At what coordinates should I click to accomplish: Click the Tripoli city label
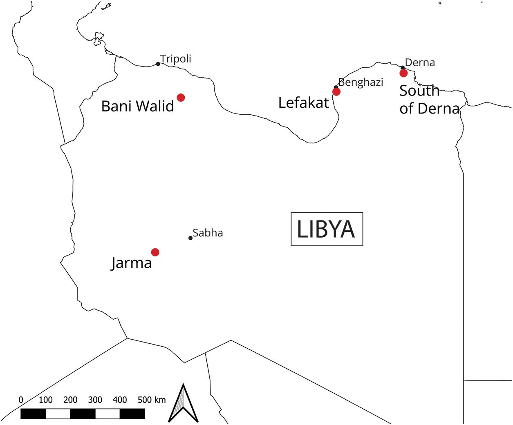click(x=176, y=59)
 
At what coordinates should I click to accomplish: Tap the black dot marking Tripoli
click(x=158, y=64)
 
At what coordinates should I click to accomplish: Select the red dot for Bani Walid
click(x=181, y=98)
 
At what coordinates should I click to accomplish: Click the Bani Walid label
click(x=137, y=107)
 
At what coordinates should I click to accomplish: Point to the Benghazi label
click(x=361, y=82)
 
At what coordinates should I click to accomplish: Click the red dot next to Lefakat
click(x=336, y=92)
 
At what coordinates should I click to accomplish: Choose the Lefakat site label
click(x=303, y=103)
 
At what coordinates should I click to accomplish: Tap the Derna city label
click(x=420, y=63)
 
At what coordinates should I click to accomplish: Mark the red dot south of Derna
click(x=403, y=73)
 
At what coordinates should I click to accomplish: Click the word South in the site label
click(x=419, y=91)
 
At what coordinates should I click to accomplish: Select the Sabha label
click(x=208, y=233)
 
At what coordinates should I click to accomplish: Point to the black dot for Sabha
click(x=190, y=238)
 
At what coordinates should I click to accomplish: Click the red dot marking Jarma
click(x=155, y=252)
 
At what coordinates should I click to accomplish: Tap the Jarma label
click(x=131, y=263)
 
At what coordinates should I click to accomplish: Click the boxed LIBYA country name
click(x=326, y=229)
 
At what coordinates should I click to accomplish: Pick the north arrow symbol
click(x=183, y=404)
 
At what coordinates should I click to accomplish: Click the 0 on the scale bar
click(x=21, y=400)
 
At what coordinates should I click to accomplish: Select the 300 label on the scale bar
click(x=95, y=400)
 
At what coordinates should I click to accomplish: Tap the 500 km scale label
click(x=152, y=400)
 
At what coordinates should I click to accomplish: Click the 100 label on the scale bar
click(x=46, y=400)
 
